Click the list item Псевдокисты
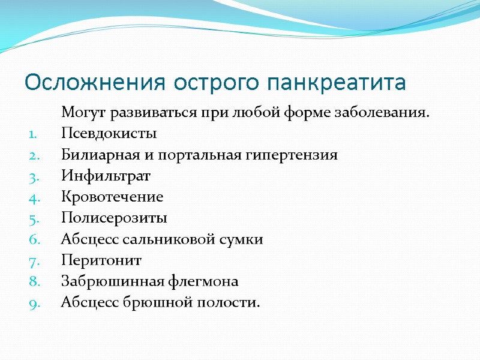(x=109, y=134)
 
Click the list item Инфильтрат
(x=106, y=176)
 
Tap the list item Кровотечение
(x=112, y=197)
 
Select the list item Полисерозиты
(x=114, y=218)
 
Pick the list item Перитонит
(x=101, y=260)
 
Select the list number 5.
(x=34, y=218)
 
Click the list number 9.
(x=34, y=303)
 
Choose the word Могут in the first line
(x=81, y=113)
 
